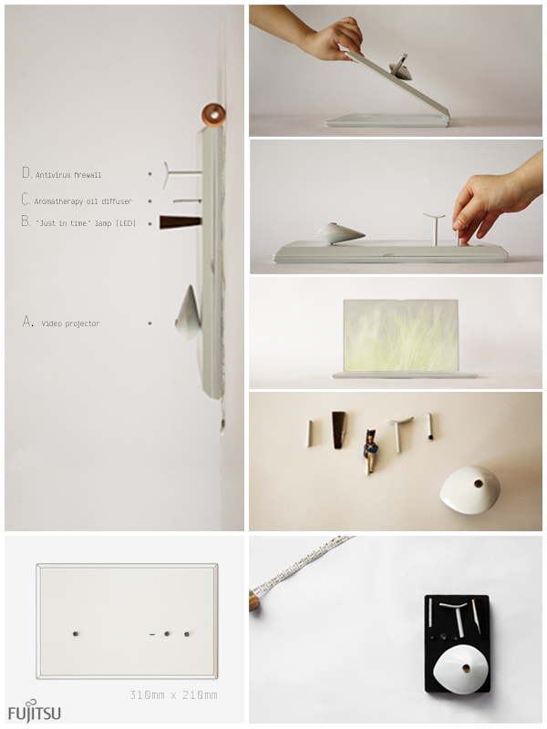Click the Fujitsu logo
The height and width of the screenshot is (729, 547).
pyautogui.click(x=35, y=712)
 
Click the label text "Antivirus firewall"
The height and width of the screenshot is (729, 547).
pyautogui.click(x=68, y=175)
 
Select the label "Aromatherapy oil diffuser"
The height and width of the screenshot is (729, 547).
pyautogui.click(x=83, y=201)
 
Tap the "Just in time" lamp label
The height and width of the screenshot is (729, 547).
pyautogui.click(x=86, y=223)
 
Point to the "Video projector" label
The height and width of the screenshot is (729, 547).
pyautogui.click(x=70, y=323)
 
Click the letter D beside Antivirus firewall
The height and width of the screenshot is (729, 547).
pyautogui.click(x=26, y=173)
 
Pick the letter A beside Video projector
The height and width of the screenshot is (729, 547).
pyautogui.click(x=28, y=322)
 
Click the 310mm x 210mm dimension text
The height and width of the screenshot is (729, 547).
pyautogui.click(x=173, y=695)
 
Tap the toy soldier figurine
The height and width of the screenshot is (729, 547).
pyautogui.click(x=371, y=451)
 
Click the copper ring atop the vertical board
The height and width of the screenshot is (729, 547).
pyautogui.click(x=213, y=115)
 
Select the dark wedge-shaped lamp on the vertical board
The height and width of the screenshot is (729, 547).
pyautogui.click(x=181, y=222)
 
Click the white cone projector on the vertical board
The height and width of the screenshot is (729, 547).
pyautogui.click(x=189, y=312)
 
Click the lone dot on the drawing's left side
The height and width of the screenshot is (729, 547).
pyautogui.click(x=76, y=633)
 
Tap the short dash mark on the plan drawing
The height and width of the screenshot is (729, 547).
pyautogui.click(x=152, y=634)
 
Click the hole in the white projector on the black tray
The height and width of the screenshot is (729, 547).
pyautogui.click(x=466, y=669)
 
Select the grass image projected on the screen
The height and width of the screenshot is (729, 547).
pyautogui.click(x=400, y=335)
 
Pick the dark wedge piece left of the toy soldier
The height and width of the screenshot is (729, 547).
pyautogui.click(x=338, y=430)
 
